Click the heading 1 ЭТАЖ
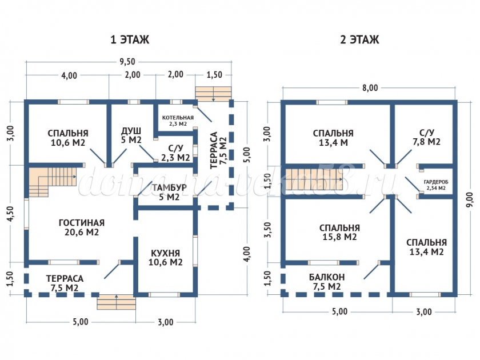point(130,40)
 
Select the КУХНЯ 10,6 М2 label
point(166,258)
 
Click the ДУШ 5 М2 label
point(131,135)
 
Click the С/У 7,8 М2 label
point(426,137)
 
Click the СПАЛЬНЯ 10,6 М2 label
point(68,138)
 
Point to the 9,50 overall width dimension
point(128,62)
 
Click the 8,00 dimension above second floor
point(370,87)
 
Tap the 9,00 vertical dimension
point(470,198)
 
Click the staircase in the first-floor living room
point(44,179)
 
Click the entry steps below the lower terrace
point(116,302)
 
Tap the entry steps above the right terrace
point(213,93)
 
